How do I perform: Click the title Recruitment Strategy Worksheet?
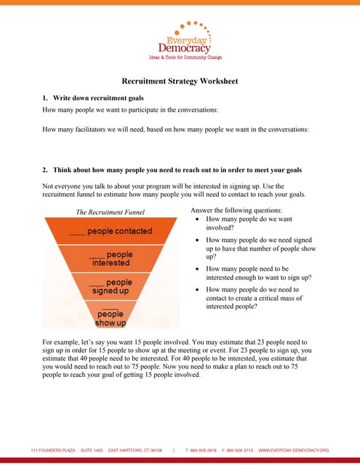pos(180,81)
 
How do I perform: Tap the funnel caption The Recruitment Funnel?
pos(111,212)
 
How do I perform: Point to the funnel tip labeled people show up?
pos(111,318)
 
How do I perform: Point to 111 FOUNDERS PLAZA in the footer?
pos(52,450)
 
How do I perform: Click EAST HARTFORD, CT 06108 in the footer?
pos(135,450)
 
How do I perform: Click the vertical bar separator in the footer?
pos(174,450)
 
